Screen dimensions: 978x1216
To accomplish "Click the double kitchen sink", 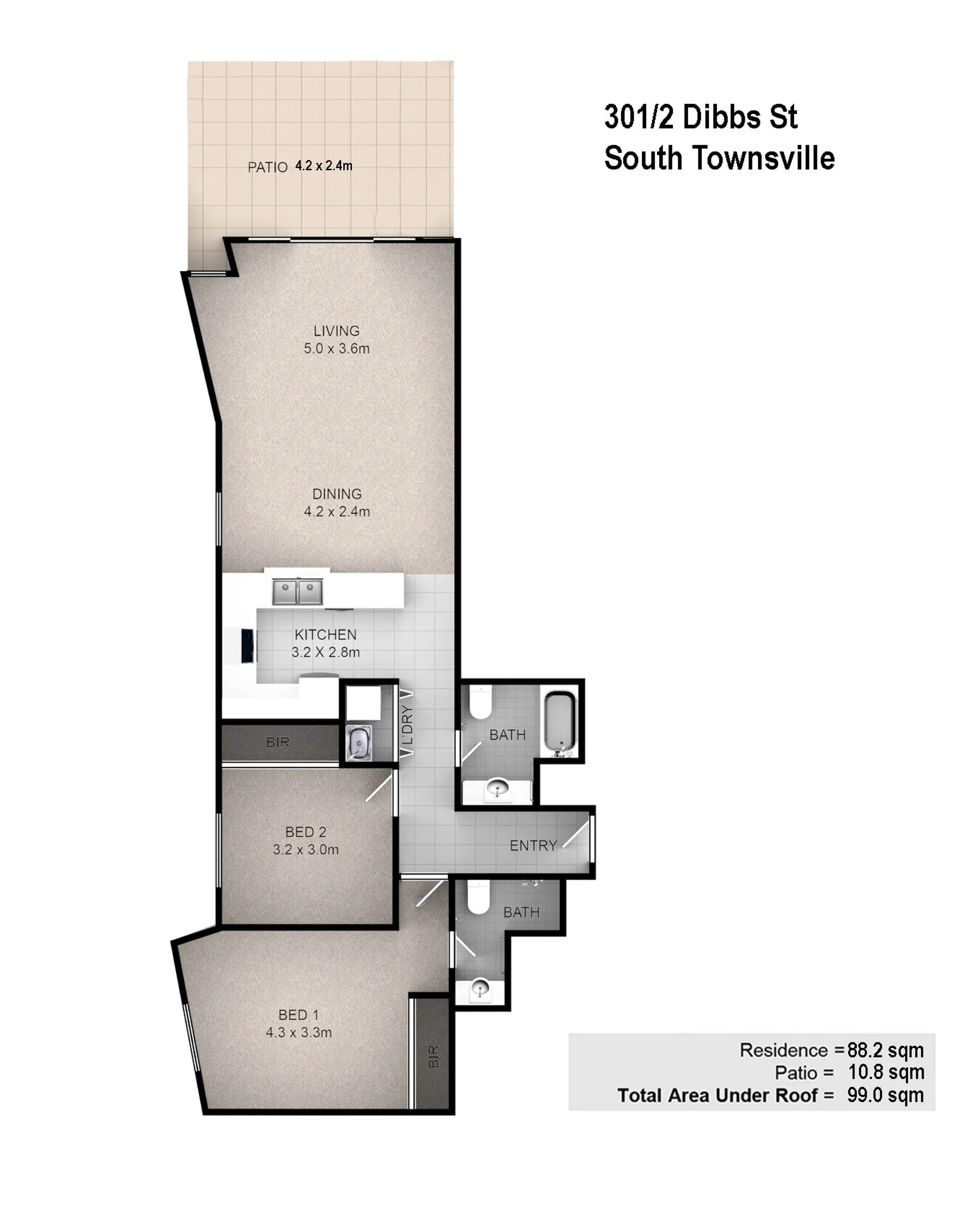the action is point(298,591).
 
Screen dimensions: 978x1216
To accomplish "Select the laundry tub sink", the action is point(359,742).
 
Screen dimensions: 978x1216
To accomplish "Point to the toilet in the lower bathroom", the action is point(479,897).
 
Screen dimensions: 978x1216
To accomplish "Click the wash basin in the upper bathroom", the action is point(498,789).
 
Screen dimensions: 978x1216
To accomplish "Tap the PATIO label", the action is point(267,168).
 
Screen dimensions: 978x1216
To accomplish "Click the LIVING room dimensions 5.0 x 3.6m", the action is point(337,348).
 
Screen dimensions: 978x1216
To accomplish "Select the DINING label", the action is point(337,494).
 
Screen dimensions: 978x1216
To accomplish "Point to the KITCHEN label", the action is point(325,635).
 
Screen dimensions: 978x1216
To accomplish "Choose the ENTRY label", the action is point(533,846).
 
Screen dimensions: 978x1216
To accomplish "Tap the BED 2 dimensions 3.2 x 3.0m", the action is point(306,849).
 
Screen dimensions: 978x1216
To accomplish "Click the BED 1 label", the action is point(298,1015).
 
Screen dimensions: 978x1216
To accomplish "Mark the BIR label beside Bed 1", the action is point(433,1057).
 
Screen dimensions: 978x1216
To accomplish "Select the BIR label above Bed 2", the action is point(278,742).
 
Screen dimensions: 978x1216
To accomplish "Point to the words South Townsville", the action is point(719,158).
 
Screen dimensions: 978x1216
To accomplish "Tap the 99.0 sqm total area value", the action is point(885,1095).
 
